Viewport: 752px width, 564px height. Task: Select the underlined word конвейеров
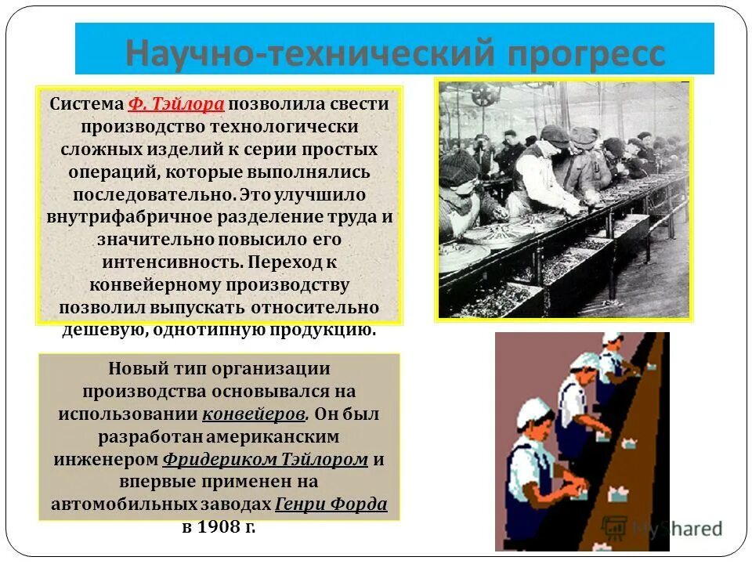coord(254,414)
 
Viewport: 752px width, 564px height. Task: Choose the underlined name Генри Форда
coord(331,504)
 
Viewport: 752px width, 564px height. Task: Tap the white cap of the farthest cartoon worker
coord(611,338)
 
